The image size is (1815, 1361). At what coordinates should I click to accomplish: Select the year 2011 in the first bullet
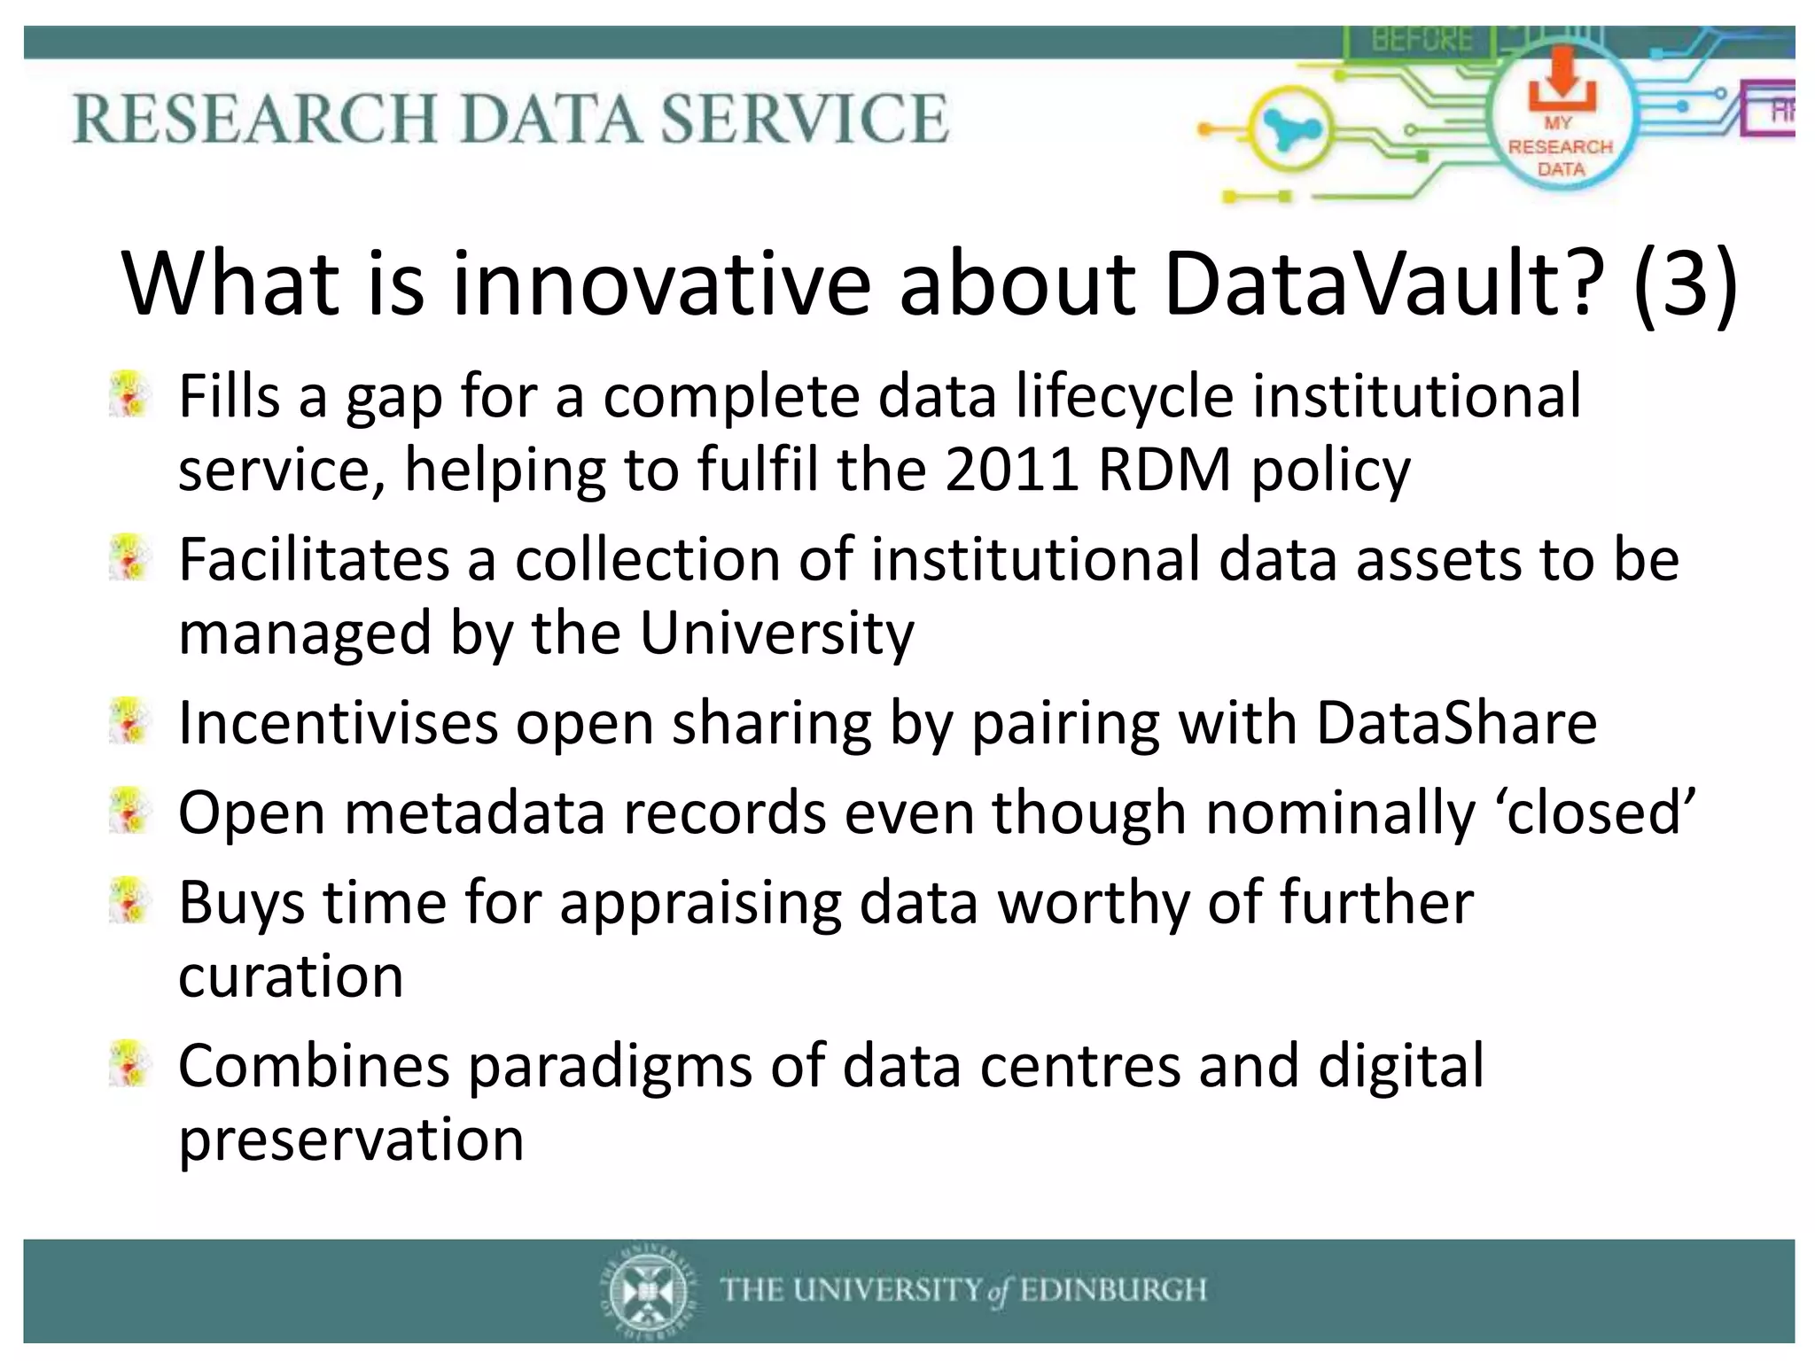tap(1011, 469)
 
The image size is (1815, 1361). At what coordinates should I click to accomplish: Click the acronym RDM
tap(1164, 469)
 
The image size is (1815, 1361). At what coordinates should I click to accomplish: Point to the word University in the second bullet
tap(776, 634)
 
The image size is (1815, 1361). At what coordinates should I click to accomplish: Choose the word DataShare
tap(1456, 723)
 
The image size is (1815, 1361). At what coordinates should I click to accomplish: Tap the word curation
tap(291, 976)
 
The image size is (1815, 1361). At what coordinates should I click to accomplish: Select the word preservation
tap(351, 1139)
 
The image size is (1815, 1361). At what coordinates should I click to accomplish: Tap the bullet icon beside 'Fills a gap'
tap(129, 395)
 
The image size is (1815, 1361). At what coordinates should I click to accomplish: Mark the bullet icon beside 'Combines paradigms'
tap(129, 1064)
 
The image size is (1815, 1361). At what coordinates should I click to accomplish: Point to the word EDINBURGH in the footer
tap(1113, 1290)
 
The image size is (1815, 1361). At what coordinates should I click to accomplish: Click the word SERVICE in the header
tap(805, 119)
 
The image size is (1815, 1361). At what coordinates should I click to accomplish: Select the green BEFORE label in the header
tap(1422, 40)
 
